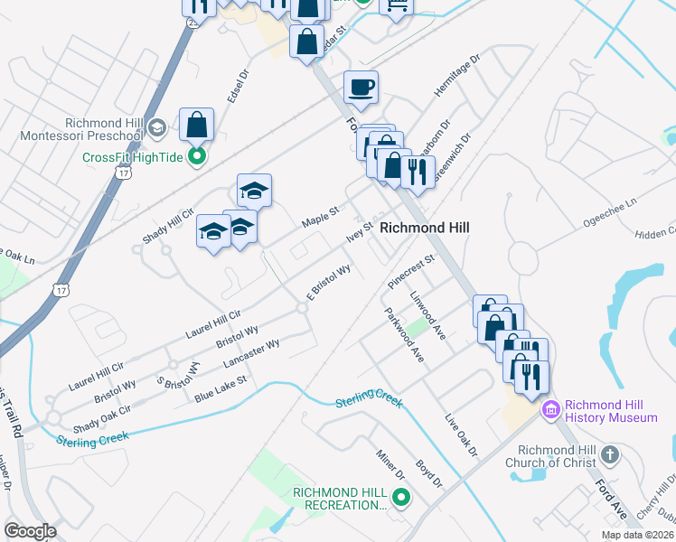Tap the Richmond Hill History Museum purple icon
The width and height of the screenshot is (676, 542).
[549, 410]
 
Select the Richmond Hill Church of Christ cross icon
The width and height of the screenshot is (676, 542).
[610, 454]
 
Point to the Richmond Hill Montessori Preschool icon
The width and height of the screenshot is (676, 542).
[155, 126]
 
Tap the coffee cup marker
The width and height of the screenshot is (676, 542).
[361, 88]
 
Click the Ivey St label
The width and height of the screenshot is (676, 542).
[359, 232]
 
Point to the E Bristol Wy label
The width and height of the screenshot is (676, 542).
[328, 282]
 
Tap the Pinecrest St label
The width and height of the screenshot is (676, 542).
[411, 270]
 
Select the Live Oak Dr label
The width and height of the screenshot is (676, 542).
[460, 435]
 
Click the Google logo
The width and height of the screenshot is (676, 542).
[30, 531]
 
